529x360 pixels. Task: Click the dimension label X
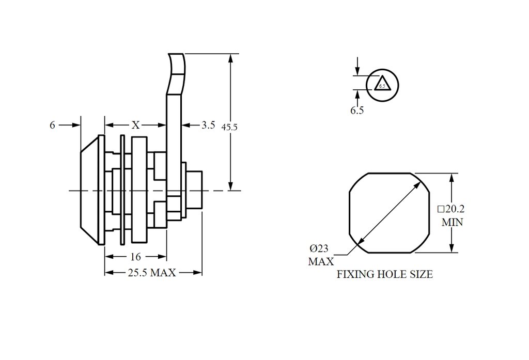(x=136, y=125)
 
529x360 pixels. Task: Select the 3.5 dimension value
(x=208, y=125)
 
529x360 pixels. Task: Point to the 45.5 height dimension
(x=229, y=127)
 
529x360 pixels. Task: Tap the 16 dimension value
(x=136, y=257)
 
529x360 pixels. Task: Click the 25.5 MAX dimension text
(x=152, y=273)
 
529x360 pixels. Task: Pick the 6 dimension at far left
(x=52, y=125)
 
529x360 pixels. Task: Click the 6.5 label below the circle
(x=357, y=110)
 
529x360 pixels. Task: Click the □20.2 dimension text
(x=451, y=209)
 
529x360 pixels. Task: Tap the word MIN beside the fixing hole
(x=452, y=223)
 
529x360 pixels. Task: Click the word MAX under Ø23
(x=321, y=261)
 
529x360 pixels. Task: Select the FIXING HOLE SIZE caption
(x=384, y=274)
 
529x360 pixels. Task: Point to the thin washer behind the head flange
(x=122, y=190)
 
